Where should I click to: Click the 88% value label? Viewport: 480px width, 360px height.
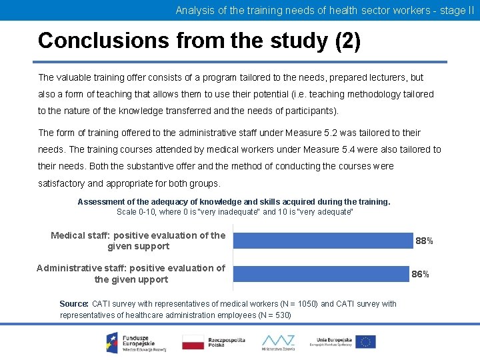(424, 241)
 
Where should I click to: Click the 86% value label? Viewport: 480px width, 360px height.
(420, 274)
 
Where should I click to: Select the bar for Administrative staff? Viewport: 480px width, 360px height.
(320, 273)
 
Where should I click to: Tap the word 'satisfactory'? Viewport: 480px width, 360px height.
(61, 183)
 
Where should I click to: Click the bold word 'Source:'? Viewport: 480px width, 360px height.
(74, 304)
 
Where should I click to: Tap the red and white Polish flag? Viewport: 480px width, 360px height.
(193, 342)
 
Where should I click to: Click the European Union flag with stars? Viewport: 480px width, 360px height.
(365, 341)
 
